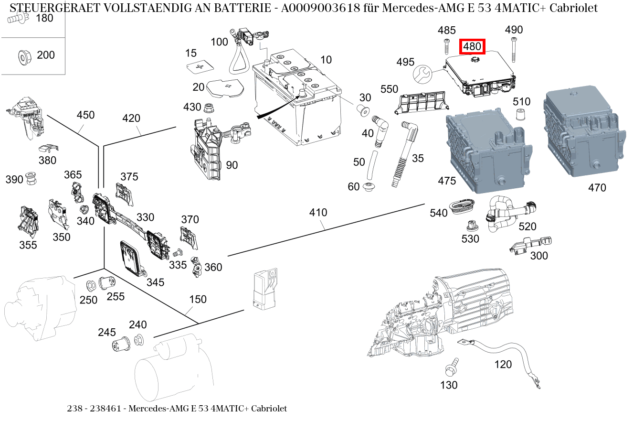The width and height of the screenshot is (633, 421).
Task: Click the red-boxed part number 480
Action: (472, 47)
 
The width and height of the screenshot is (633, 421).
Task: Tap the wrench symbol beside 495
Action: (422, 73)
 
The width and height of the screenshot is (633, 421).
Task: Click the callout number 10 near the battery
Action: (326, 60)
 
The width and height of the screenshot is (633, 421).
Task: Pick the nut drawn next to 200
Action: (22, 56)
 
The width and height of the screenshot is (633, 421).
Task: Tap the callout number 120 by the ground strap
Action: (503, 365)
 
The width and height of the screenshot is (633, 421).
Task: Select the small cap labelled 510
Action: (521, 115)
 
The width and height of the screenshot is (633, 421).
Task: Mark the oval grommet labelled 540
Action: (462, 205)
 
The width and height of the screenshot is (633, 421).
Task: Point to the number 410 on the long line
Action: (318, 212)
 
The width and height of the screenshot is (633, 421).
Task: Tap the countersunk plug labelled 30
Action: (363, 112)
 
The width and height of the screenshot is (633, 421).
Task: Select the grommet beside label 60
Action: (369, 187)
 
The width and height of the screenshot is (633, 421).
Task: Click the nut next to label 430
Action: (209, 107)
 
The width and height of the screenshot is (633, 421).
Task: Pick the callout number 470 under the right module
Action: (597, 188)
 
